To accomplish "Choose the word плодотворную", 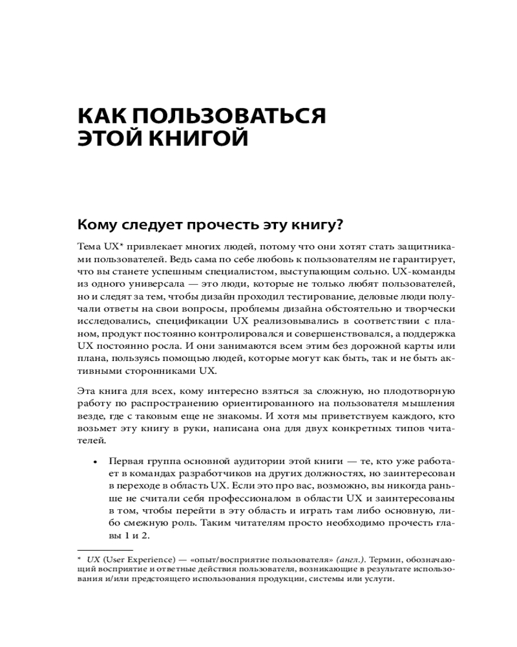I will pos(421,391).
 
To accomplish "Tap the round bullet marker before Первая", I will pos(95,463).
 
